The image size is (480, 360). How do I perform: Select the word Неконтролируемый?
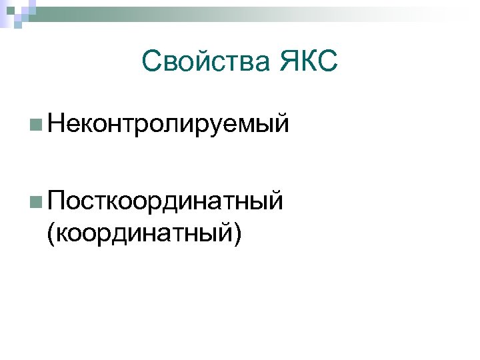pyautogui.click(x=168, y=124)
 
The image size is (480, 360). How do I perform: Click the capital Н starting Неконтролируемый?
pyautogui.click(x=57, y=123)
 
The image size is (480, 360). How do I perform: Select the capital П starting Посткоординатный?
pyautogui.click(x=57, y=199)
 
